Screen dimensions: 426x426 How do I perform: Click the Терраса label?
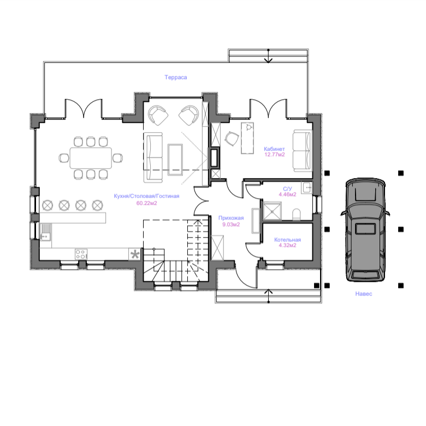[x=176, y=78]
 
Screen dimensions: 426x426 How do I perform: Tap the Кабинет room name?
[x=274, y=149]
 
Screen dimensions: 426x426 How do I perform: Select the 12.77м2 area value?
[x=274, y=155]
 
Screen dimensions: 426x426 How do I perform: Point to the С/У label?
[x=287, y=188]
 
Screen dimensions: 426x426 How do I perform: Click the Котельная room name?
[x=287, y=239]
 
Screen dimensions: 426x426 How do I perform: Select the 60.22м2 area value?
[x=146, y=203]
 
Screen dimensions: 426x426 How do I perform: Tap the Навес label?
[x=363, y=294]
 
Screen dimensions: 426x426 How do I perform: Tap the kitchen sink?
[x=45, y=233]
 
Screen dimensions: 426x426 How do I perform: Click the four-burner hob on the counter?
[x=81, y=254]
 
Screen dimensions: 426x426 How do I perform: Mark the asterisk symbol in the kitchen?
[x=134, y=253]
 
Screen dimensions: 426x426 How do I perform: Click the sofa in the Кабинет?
[x=301, y=151]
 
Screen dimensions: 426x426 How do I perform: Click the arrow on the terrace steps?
[x=268, y=58]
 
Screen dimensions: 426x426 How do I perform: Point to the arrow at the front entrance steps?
[x=268, y=294]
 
